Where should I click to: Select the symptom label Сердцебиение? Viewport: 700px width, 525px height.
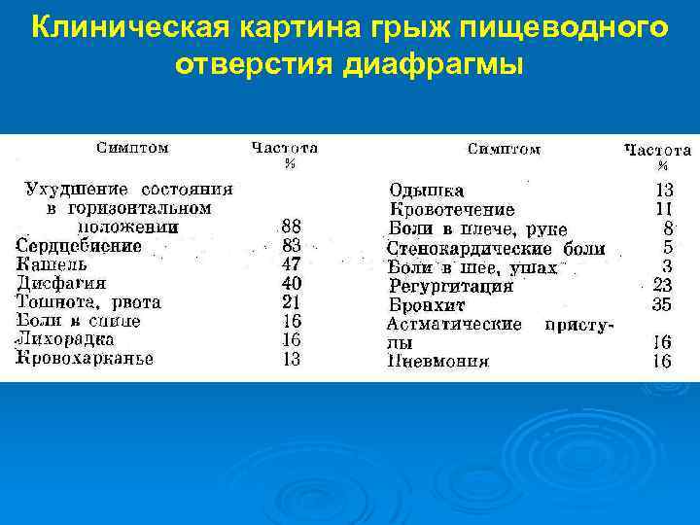(79, 246)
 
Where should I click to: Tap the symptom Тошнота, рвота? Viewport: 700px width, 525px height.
(88, 302)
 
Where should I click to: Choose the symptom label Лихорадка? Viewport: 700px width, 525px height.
(65, 339)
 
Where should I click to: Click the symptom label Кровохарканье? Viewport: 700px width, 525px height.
(85, 358)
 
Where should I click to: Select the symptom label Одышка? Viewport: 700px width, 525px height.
(427, 191)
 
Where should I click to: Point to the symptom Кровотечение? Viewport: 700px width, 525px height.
(452, 209)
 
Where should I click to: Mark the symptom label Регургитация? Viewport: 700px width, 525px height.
(451, 286)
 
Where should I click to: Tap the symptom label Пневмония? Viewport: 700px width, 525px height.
(438, 362)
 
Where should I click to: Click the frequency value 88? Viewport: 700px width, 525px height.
(291, 227)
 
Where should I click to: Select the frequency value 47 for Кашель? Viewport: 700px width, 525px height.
(291, 264)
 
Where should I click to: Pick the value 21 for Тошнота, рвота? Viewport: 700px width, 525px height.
(291, 302)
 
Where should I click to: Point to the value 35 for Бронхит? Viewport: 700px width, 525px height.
(662, 304)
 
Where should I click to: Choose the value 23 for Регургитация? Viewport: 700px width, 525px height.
(662, 286)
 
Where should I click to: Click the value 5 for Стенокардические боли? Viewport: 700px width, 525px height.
(668, 248)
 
